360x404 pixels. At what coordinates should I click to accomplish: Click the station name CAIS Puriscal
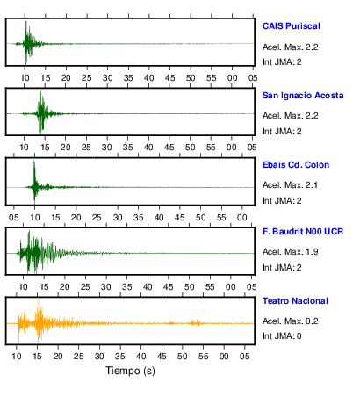pyautogui.click(x=292, y=26)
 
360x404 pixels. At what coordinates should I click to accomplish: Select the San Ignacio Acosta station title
pyautogui.click(x=303, y=96)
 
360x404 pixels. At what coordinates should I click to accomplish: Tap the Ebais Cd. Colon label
pyautogui.click(x=296, y=165)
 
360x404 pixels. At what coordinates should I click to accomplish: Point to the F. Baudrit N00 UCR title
pyautogui.click(x=303, y=232)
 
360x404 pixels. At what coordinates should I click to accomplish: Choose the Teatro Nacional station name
pyautogui.click(x=295, y=301)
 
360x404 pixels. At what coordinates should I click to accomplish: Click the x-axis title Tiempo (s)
pyautogui.click(x=130, y=371)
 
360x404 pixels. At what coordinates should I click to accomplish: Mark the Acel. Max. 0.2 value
pyautogui.click(x=291, y=321)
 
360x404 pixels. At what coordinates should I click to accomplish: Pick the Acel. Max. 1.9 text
pyautogui.click(x=291, y=252)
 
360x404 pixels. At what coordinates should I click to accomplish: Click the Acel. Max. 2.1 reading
pyautogui.click(x=290, y=185)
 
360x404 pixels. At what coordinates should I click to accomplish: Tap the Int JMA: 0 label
pyautogui.click(x=282, y=335)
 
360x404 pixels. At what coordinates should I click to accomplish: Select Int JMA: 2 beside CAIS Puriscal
pyautogui.click(x=282, y=62)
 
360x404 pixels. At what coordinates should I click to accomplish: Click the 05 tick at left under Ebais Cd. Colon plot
pyautogui.click(x=14, y=218)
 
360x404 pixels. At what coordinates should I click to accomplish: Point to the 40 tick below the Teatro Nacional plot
pyautogui.click(x=140, y=357)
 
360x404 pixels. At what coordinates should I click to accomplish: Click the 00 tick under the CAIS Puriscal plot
pyautogui.click(x=233, y=78)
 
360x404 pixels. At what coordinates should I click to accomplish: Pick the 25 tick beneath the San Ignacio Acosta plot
pyautogui.click(x=86, y=148)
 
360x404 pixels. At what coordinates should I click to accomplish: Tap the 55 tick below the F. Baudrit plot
pyautogui.click(x=210, y=287)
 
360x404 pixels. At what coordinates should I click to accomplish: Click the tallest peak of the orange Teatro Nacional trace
pyautogui.click(x=39, y=300)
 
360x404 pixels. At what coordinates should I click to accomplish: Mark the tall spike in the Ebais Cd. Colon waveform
pyautogui.click(x=34, y=162)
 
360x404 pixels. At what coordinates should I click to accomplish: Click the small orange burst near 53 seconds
pyautogui.click(x=195, y=323)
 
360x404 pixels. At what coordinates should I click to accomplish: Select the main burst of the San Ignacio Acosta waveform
pyautogui.click(x=41, y=112)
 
